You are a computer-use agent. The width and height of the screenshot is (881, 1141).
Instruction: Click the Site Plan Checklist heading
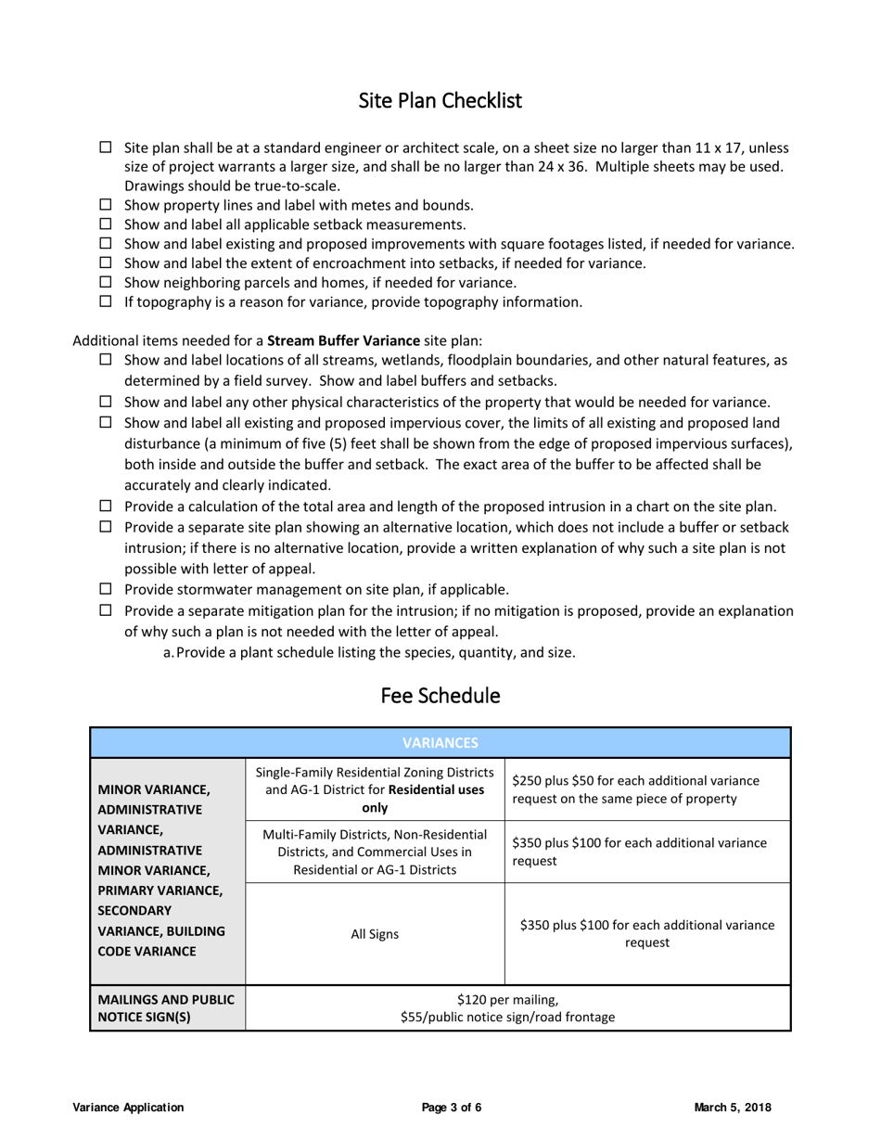440,100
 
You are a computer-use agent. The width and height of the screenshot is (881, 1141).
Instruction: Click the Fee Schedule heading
440,696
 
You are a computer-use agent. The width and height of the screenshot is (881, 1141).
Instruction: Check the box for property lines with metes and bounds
106,205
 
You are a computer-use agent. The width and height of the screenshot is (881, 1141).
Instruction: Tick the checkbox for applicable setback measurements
106,224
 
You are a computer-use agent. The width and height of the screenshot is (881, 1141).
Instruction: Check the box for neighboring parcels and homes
106,282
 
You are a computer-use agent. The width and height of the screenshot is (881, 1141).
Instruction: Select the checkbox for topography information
106,301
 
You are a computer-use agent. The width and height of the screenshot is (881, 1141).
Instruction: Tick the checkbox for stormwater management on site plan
106,589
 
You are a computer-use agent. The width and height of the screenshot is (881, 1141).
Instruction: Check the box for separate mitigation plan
106,610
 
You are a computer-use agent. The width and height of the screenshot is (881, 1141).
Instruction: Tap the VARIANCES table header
440,743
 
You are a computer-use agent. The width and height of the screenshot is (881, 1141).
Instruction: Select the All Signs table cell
375,934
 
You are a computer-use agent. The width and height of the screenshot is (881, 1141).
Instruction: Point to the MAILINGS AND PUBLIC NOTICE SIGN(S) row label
167,1008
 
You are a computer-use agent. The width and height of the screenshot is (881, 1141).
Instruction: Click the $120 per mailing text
507,999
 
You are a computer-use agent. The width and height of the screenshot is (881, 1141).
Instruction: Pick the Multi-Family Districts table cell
375,852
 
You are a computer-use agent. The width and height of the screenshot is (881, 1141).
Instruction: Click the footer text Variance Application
128,1107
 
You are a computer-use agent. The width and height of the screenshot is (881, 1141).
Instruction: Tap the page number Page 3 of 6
452,1107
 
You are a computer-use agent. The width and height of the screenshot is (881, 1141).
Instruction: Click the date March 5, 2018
733,1107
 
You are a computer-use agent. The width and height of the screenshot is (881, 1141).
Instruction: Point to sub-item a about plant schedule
369,652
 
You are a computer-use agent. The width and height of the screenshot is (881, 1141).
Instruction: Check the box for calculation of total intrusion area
106,506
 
